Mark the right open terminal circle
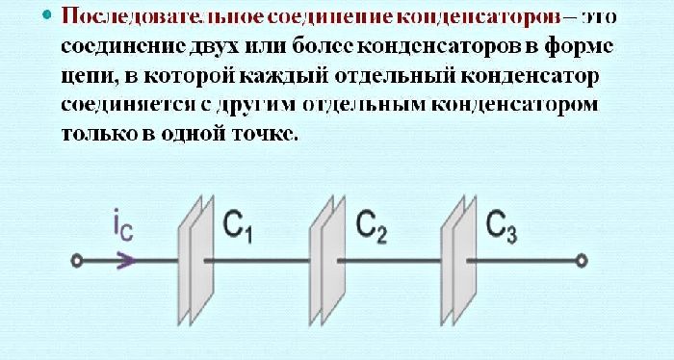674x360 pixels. point(583,259)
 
